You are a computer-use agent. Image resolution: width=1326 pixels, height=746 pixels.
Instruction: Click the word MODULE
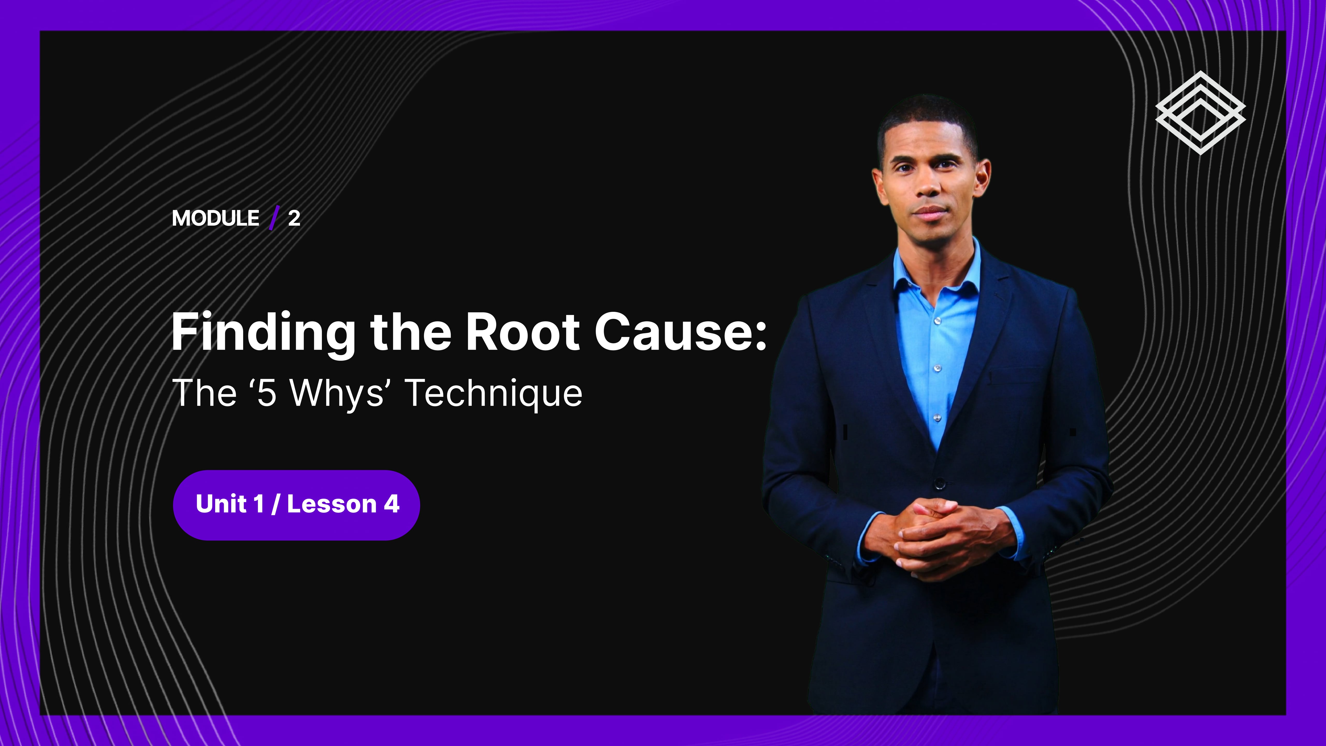click(216, 218)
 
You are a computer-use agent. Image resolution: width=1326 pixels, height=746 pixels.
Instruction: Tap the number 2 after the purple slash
click(294, 218)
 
